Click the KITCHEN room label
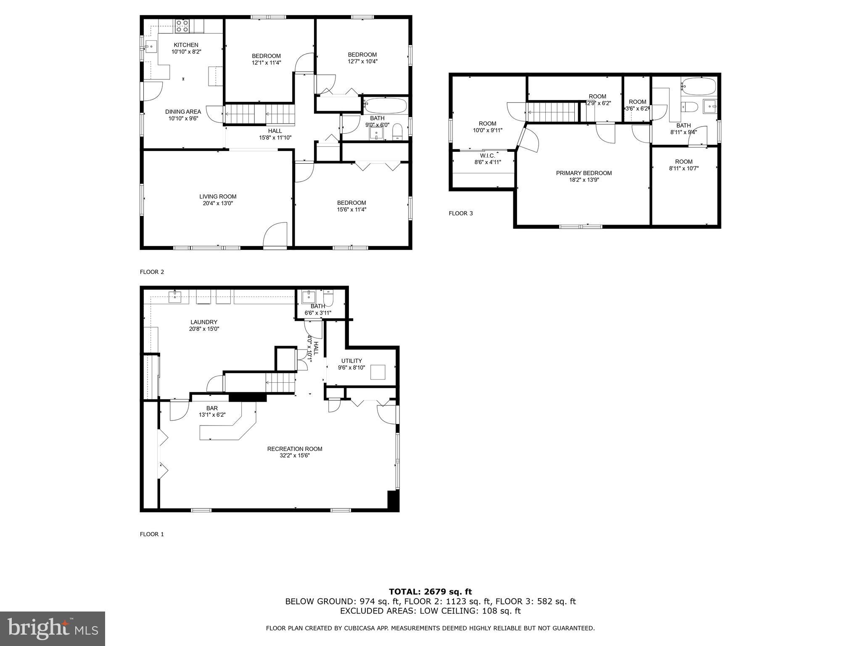click(186, 45)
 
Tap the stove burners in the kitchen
click(182, 26)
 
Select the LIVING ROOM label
click(218, 196)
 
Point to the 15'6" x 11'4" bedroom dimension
click(351, 209)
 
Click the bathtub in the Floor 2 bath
click(386, 105)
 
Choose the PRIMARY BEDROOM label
click(584, 173)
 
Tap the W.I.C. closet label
click(487, 156)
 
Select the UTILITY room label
click(351, 361)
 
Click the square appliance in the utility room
click(378, 372)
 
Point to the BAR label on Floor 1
click(212, 408)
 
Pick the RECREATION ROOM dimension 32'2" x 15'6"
click(294, 455)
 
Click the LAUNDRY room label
click(204, 322)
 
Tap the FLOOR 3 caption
click(460, 213)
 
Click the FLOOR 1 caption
click(152, 534)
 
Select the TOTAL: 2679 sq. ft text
click(430, 592)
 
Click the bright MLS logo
click(53, 628)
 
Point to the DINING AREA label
click(183, 111)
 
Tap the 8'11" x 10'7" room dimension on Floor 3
click(684, 168)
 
